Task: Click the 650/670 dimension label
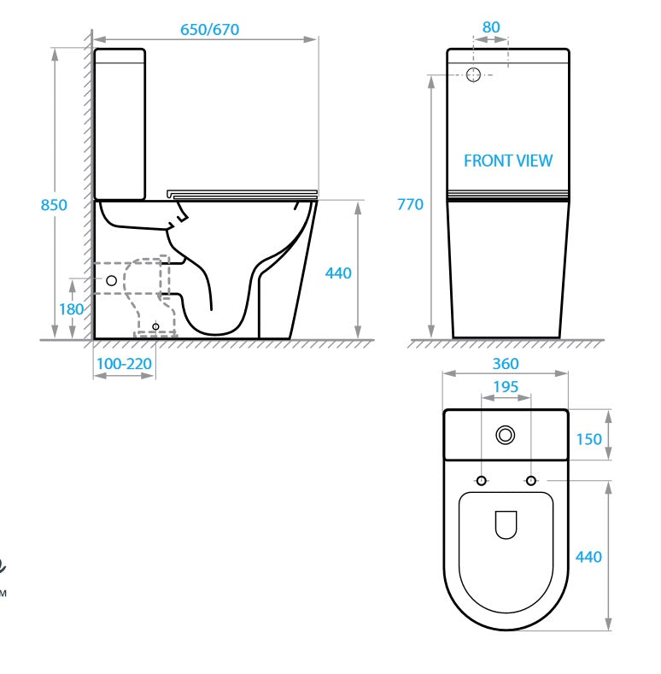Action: point(209,29)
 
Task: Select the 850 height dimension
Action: point(55,205)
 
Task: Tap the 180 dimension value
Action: point(72,309)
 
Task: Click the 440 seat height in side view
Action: point(338,273)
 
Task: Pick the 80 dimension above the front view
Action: point(491,27)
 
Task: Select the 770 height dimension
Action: point(410,205)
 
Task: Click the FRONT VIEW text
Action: point(507,161)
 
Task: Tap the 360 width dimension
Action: point(506,364)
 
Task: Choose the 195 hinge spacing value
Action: point(506,387)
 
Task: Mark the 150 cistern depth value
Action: point(588,439)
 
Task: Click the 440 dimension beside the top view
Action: point(588,557)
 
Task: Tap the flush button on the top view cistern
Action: point(506,436)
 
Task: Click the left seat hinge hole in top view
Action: point(482,482)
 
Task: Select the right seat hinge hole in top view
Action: point(531,482)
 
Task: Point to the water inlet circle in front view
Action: point(475,74)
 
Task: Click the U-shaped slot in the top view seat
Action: point(506,525)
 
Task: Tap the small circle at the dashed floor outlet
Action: point(155,325)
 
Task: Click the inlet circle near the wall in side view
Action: point(111,279)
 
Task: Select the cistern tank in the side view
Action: point(120,124)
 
